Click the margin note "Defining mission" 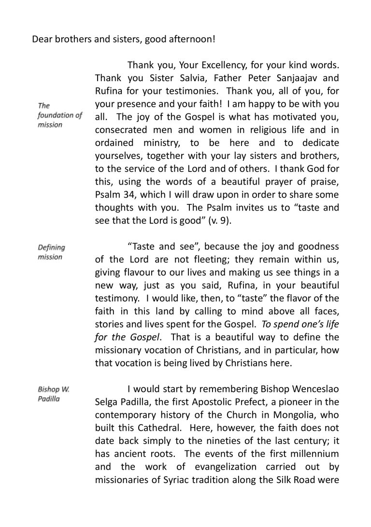click(51, 252)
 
